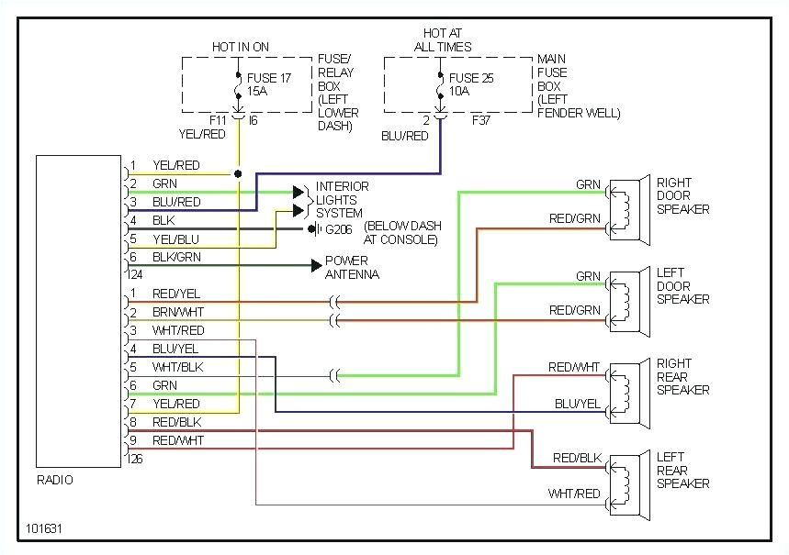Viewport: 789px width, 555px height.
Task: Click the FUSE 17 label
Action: click(269, 78)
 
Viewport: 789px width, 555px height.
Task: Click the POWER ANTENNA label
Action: click(352, 268)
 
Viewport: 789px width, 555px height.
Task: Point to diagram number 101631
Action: click(45, 529)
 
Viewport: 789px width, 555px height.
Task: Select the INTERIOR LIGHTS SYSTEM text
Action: click(343, 200)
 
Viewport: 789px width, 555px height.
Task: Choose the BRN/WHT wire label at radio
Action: click(178, 313)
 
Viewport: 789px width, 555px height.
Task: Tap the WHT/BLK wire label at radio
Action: click(178, 367)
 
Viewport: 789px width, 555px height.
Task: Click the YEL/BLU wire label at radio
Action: click(176, 239)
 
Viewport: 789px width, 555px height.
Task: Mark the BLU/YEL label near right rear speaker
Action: click(578, 404)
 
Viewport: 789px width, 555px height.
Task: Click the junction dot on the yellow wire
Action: click(239, 173)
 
